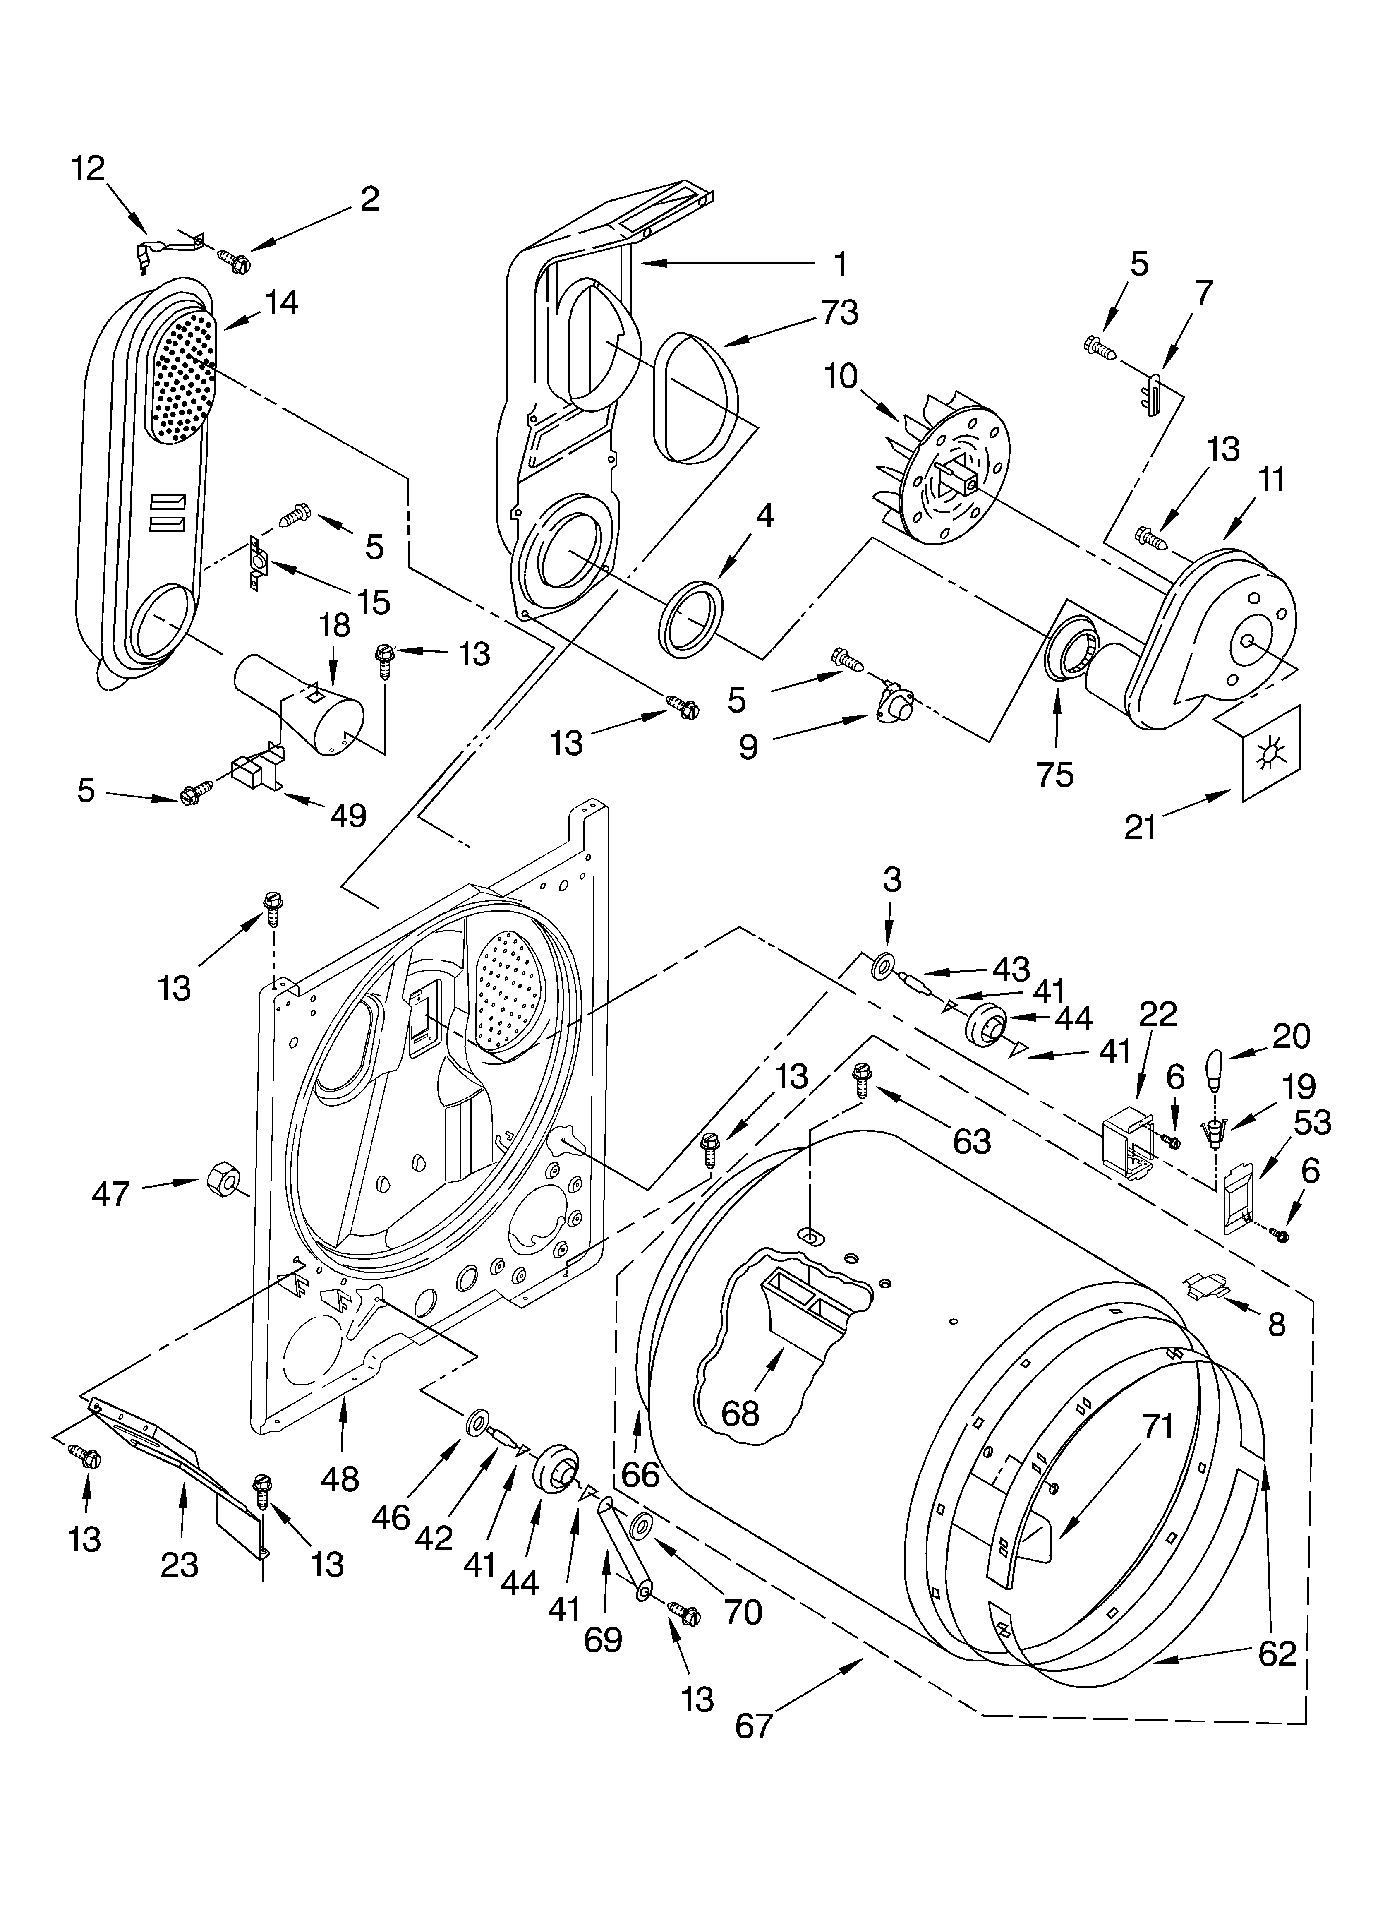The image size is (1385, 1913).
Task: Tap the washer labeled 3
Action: (x=883, y=964)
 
